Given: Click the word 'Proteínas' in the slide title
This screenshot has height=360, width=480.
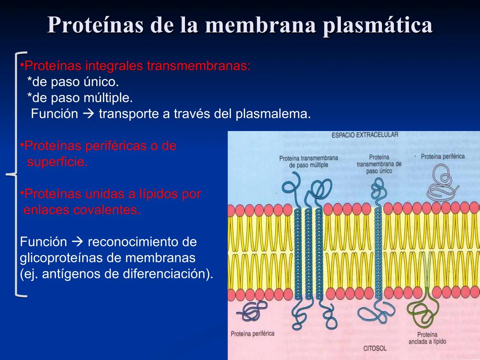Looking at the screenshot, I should coord(95,25).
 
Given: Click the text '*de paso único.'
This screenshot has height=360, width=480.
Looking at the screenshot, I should coord(73,82).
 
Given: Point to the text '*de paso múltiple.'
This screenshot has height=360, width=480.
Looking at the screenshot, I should coord(80,98).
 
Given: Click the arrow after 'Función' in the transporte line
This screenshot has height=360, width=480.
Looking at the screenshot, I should coord(88,114).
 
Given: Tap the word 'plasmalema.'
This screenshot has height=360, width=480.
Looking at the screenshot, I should coord(273,114).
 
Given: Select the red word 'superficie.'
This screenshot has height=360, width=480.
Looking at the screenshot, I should coord(57,162).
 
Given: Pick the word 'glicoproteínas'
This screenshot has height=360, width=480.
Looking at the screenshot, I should coord(70,258).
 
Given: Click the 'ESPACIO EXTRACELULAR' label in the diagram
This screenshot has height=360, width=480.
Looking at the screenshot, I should coord(365,135).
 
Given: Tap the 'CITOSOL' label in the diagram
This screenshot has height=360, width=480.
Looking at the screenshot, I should coord(375,348).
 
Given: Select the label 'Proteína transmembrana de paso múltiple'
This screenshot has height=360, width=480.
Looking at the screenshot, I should coord(308,162).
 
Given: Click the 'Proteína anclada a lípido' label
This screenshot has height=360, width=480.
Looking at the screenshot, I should coord(427,338).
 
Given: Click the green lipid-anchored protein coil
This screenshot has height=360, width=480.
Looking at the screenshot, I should coord(421,313).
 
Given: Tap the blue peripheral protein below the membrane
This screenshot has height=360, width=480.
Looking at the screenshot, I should coord(253,311).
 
